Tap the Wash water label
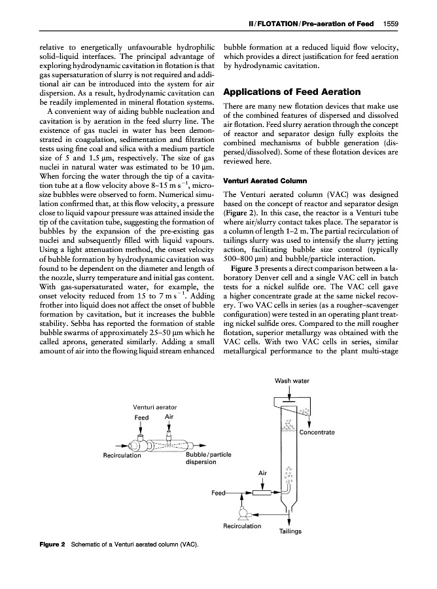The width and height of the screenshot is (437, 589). coord(292,381)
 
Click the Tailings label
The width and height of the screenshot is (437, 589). coord(290,531)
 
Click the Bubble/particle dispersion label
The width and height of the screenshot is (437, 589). coord(209,459)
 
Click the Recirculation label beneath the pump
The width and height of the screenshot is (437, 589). coord(242,526)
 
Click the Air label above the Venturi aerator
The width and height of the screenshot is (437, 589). coord(169,417)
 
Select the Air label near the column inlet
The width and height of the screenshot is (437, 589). coord(263,471)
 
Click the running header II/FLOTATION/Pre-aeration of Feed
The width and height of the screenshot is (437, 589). coord(310,24)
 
